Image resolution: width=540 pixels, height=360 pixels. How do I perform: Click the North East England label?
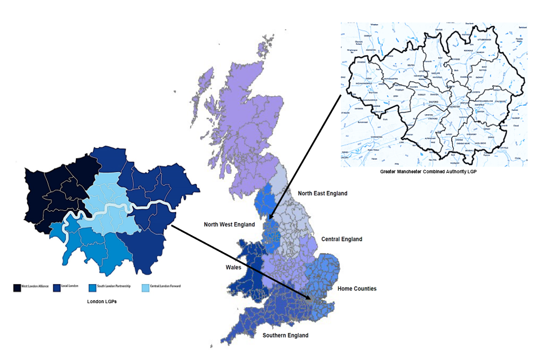click(x=322, y=193)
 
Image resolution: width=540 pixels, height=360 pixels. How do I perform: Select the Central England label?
click(x=341, y=239)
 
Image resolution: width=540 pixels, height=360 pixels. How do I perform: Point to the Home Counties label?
click(x=357, y=289)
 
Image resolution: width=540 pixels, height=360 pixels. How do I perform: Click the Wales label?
click(x=233, y=267)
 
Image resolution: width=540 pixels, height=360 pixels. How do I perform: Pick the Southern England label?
click(x=285, y=336)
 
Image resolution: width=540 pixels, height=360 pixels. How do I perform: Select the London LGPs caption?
click(x=98, y=302)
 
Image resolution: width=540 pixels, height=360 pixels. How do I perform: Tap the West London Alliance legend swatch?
click(x=17, y=287)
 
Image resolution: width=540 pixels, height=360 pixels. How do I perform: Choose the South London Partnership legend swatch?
click(x=92, y=287)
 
